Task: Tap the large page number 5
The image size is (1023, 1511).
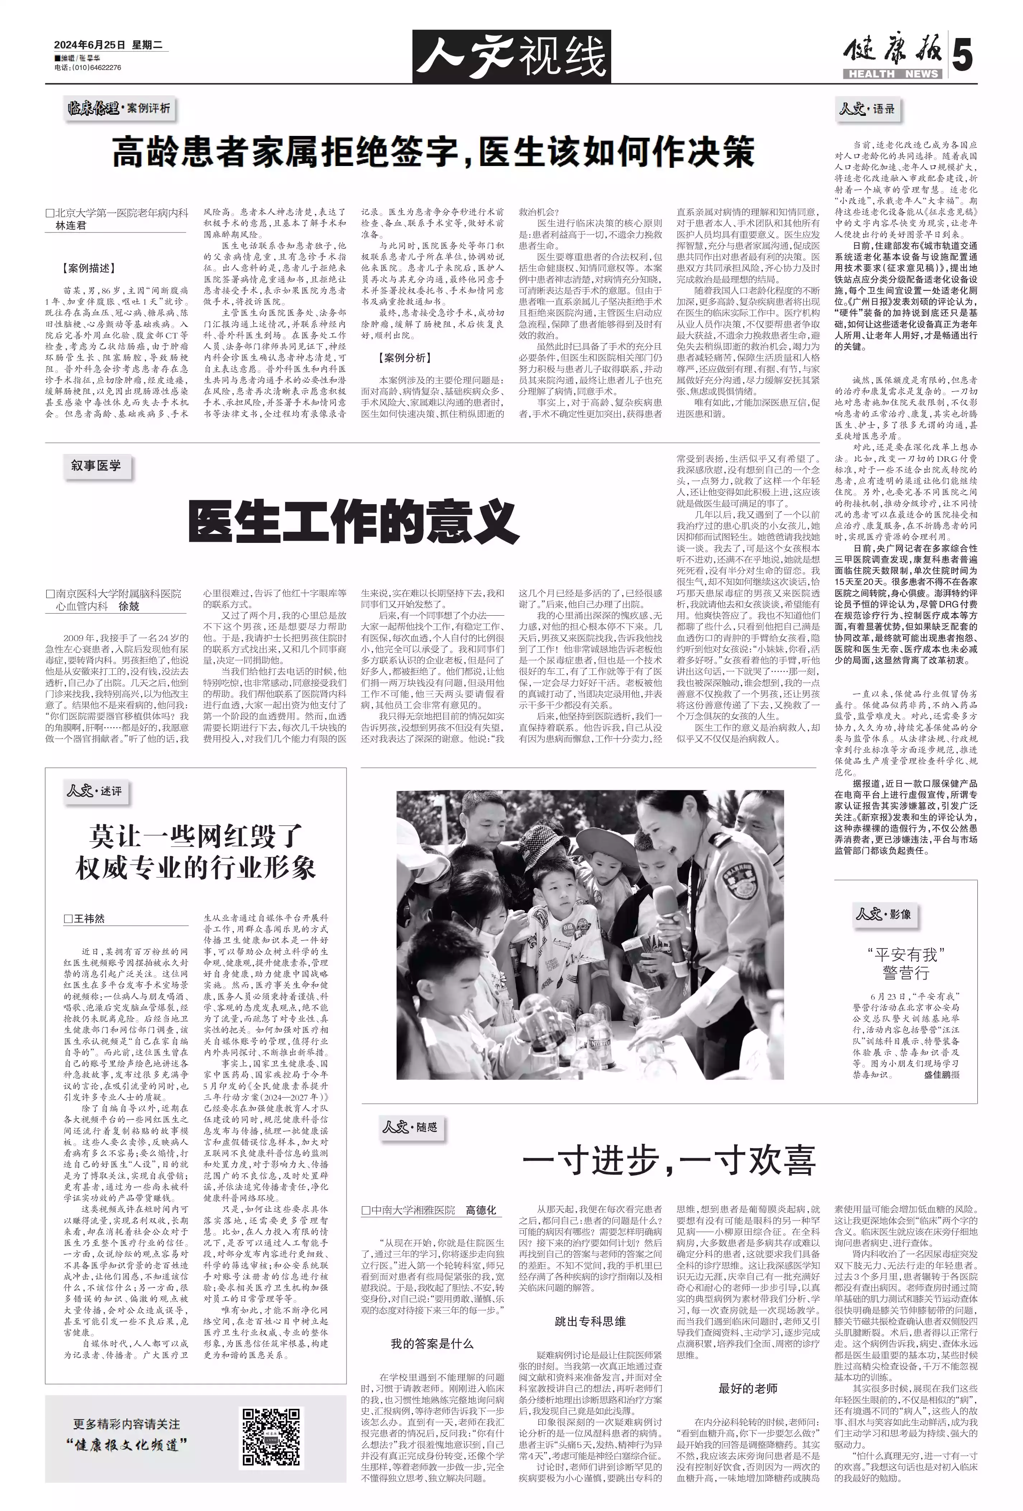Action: [x=962, y=57]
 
